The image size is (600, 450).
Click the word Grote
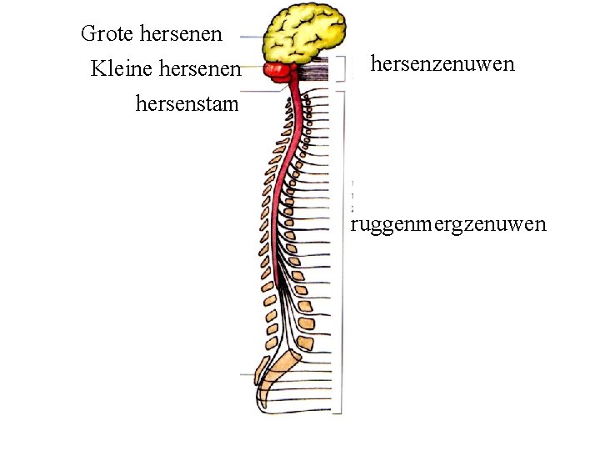pos(107,34)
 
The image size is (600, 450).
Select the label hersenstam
pos(187,105)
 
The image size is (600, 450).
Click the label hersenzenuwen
pos(442,64)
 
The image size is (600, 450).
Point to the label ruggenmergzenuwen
pos(448,224)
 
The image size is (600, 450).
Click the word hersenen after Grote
pos(182,34)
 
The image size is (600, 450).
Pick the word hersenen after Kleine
pos(200,68)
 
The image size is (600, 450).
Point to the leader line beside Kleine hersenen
pos(252,70)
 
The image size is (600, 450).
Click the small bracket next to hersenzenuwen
pos(342,69)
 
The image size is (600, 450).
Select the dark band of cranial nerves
pos(315,71)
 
